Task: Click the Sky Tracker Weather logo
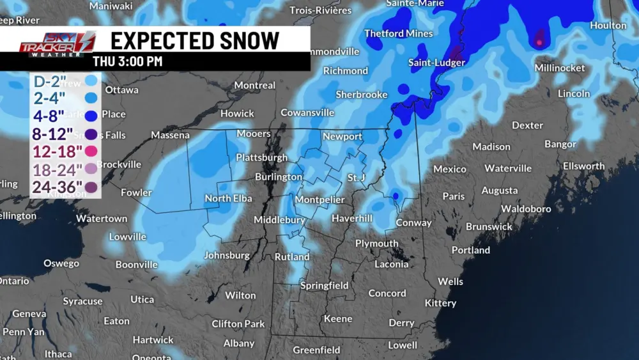pyautogui.click(x=57, y=44)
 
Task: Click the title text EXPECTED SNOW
pyautogui.click(x=195, y=40)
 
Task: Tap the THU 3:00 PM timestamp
pyautogui.click(x=128, y=62)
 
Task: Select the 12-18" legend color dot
pyautogui.click(x=91, y=152)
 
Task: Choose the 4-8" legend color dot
pyautogui.click(x=91, y=116)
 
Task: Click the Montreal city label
pyautogui.click(x=255, y=85)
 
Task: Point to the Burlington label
pyautogui.click(x=279, y=176)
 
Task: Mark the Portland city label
pyautogui.click(x=470, y=250)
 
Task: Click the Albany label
pyautogui.click(x=239, y=343)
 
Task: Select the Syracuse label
pyautogui.click(x=82, y=301)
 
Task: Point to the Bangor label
pyautogui.click(x=560, y=145)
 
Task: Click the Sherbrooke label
pyautogui.click(x=362, y=95)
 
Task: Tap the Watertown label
pyautogui.click(x=102, y=219)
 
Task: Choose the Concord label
pyautogui.click(x=387, y=293)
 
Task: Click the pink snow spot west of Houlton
pyautogui.click(x=539, y=43)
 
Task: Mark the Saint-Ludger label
pyautogui.click(x=436, y=63)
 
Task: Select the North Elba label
pyautogui.click(x=228, y=198)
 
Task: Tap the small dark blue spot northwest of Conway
pyautogui.click(x=395, y=196)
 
